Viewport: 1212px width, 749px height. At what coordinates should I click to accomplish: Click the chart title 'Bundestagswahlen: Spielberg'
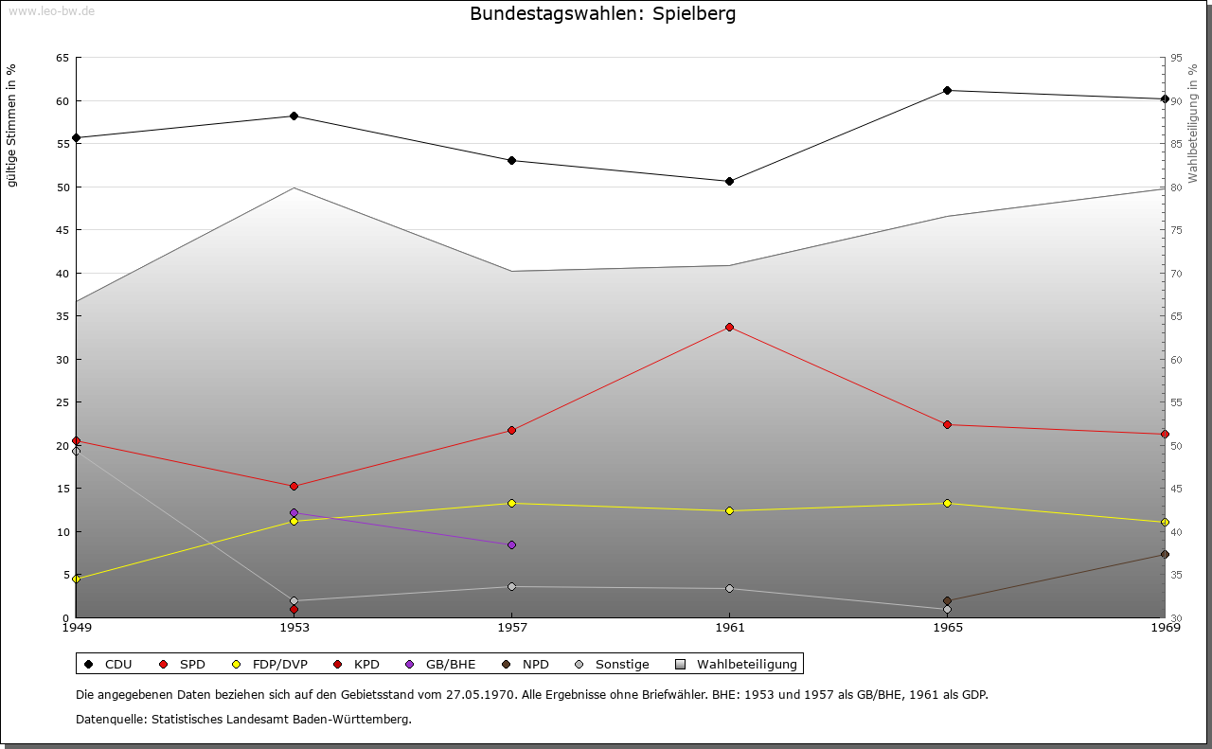point(602,14)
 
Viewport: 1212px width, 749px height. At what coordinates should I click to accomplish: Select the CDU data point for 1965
point(947,91)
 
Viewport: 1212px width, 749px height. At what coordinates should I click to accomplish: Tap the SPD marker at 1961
point(729,327)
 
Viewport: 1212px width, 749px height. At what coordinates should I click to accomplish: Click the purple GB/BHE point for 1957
point(511,544)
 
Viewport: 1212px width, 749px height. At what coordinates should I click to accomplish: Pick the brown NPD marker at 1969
point(1165,555)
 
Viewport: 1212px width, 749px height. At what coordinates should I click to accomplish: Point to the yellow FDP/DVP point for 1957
point(511,503)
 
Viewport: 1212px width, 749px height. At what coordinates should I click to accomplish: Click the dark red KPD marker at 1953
point(294,609)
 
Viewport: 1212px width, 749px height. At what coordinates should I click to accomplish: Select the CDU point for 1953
point(294,116)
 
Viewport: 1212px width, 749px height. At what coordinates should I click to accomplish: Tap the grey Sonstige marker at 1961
point(729,588)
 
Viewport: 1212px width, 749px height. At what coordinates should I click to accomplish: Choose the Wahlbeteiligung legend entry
point(739,665)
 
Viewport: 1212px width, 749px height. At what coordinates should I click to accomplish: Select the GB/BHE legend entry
point(441,665)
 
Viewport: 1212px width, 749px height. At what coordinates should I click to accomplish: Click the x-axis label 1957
point(511,627)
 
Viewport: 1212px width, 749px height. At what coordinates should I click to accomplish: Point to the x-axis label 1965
point(947,627)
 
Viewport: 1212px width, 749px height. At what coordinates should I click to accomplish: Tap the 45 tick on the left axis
point(62,230)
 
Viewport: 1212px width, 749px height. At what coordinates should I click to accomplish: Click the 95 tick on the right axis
point(1177,58)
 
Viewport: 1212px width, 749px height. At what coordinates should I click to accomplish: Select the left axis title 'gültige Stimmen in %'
point(12,126)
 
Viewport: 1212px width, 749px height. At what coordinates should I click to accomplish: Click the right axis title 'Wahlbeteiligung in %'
point(1193,123)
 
